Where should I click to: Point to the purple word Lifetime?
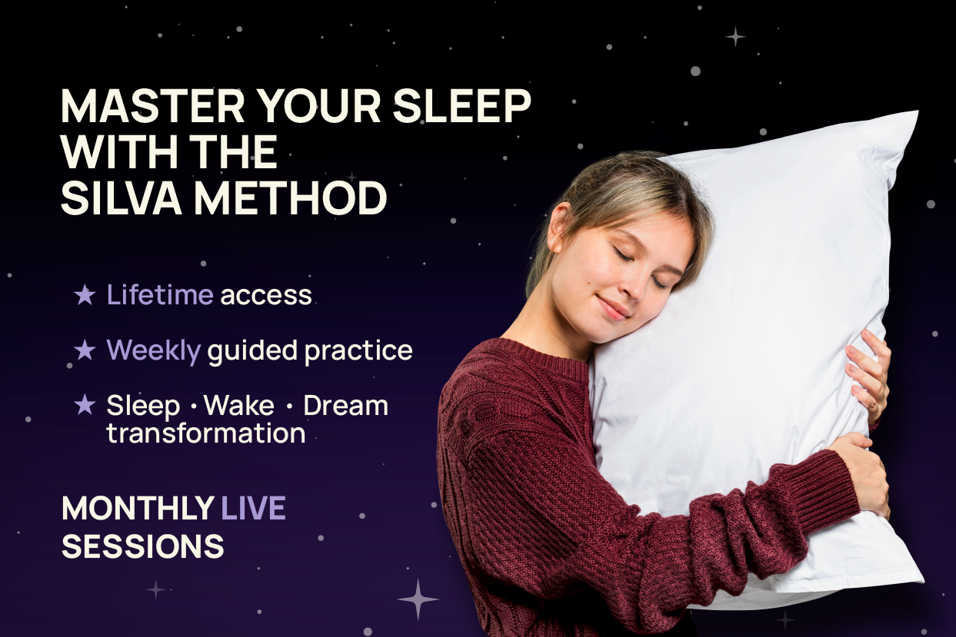point(159,295)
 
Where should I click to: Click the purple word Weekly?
point(153,350)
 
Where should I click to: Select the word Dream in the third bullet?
point(345,406)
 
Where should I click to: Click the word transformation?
point(205,433)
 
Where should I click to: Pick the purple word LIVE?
point(253,509)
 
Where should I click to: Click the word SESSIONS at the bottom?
point(143,546)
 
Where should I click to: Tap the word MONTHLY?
point(138,509)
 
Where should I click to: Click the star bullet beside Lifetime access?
point(85,294)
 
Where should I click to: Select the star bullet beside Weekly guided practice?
point(85,350)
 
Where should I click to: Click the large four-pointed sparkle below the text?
point(418,599)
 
